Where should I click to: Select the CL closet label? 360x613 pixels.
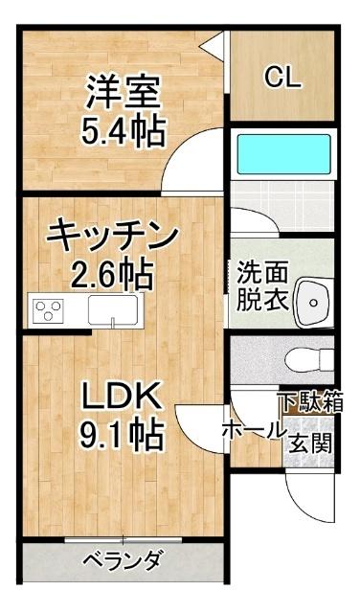click(x=282, y=78)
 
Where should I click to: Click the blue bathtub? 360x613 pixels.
click(x=280, y=152)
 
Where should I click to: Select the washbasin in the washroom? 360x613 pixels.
click(x=311, y=300)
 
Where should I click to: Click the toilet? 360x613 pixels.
click(x=308, y=360)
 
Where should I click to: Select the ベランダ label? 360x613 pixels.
click(x=121, y=560)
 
